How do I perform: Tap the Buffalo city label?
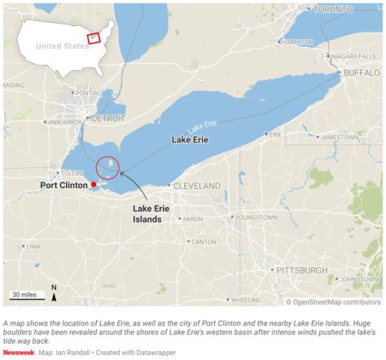[x=362, y=72]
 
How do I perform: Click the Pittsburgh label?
[x=302, y=270]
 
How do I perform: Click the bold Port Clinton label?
[x=65, y=186]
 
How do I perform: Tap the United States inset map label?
[x=62, y=46]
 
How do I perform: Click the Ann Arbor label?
[x=64, y=122]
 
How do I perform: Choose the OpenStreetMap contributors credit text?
[x=333, y=302]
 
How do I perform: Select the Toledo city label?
[x=72, y=173]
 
